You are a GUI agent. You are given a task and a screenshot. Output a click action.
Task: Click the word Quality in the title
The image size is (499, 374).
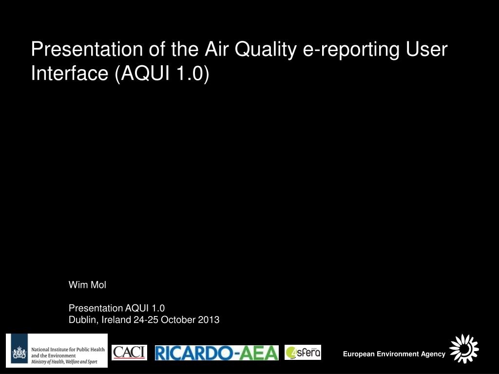(x=266, y=50)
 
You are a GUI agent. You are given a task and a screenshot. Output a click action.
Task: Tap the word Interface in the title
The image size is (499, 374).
(x=70, y=73)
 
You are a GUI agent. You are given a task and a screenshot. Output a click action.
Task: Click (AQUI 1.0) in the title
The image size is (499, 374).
(x=162, y=74)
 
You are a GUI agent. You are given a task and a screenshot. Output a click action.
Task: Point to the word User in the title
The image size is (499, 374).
(x=427, y=49)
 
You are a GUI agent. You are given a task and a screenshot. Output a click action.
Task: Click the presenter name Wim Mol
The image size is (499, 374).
(x=87, y=284)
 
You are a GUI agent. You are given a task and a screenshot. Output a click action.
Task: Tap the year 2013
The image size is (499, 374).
(x=209, y=319)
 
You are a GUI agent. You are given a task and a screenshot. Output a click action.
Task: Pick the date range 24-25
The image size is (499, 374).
(x=146, y=319)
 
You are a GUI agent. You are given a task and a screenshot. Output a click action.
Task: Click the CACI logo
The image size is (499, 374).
(x=129, y=353)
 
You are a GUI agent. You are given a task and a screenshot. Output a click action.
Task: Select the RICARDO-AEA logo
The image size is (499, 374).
(x=217, y=353)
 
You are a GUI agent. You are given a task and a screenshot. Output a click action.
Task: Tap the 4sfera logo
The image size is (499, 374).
(x=303, y=353)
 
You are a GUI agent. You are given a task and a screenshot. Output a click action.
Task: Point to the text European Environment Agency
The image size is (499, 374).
(x=394, y=354)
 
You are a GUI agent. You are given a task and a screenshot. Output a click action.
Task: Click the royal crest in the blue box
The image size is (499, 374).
(x=19, y=353)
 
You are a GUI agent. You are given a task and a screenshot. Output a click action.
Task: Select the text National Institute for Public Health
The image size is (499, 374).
(x=68, y=350)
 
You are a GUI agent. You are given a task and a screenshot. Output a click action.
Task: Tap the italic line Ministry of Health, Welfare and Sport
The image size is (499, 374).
(x=64, y=362)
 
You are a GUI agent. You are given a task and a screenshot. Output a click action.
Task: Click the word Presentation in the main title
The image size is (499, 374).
(x=87, y=49)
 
